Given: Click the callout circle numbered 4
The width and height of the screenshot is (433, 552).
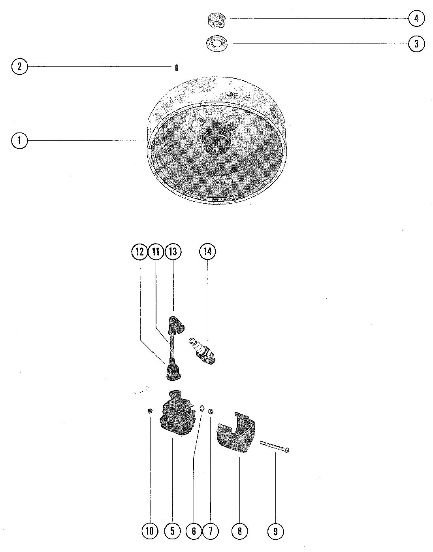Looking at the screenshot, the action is [x=416, y=18].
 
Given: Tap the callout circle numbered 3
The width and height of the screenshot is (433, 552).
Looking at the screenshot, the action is [x=416, y=44].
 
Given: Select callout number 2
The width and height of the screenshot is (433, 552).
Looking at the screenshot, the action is [x=19, y=66].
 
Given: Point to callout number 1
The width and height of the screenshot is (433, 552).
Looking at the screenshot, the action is [x=19, y=141].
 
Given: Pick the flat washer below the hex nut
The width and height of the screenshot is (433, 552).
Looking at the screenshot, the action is [x=216, y=43].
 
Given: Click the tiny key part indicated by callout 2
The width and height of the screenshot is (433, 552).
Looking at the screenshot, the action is [x=177, y=68].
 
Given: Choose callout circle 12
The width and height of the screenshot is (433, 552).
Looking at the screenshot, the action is [x=139, y=251].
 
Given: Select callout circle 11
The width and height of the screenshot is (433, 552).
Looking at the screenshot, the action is [x=156, y=251].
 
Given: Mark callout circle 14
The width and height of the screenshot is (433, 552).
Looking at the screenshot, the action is [x=208, y=251].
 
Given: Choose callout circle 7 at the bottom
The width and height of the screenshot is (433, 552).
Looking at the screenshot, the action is [x=210, y=531].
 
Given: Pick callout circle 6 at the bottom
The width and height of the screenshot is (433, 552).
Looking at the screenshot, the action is [x=194, y=531].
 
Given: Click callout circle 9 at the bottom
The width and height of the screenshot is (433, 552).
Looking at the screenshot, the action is [x=275, y=531].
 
